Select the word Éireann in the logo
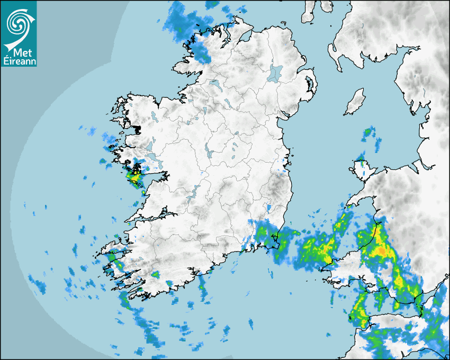[19, 61]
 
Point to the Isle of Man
[355, 102]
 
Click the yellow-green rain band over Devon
[360, 310]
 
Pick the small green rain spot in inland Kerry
[156, 275]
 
